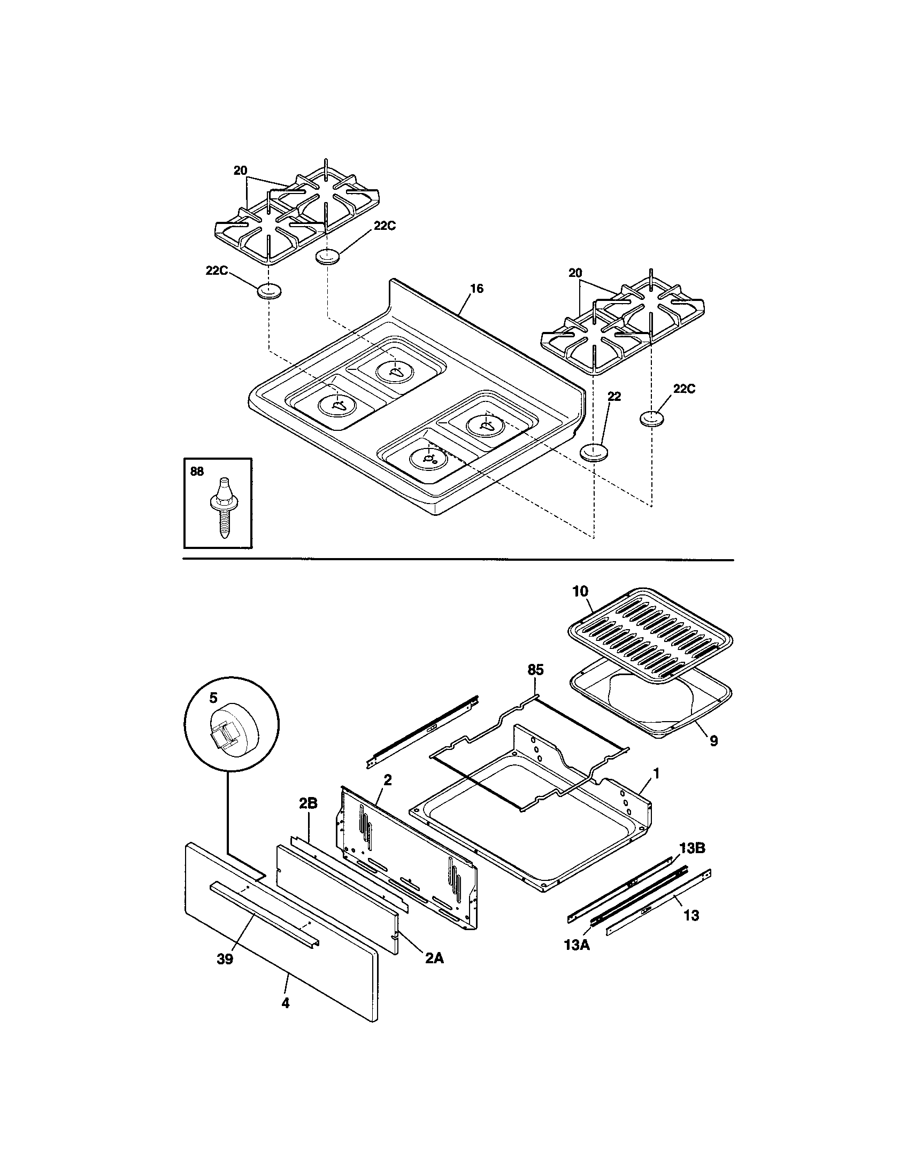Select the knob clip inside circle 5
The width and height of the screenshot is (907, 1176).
[x=227, y=733]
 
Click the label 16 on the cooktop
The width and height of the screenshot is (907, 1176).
[x=476, y=289]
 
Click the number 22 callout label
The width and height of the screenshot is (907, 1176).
[x=614, y=396]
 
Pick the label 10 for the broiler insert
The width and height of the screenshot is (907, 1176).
[x=580, y=591]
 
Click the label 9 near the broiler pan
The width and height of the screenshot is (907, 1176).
[x=713, y=741]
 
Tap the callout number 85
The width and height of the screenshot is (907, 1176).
[x=535, y=669]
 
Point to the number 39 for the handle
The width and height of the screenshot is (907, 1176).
[x=225, y=958]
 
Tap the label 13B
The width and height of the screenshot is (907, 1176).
[x=692, y=848]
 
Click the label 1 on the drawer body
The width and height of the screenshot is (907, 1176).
[x=656, y=773]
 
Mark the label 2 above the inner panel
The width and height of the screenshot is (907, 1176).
[x=388, y=779]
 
